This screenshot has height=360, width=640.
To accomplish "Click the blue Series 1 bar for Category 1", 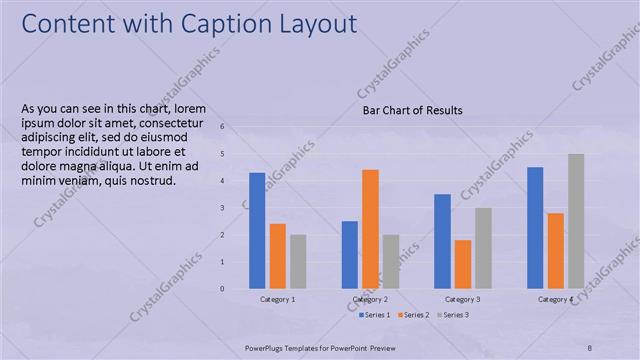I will coord(257,231).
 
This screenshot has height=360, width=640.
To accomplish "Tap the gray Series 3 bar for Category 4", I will coord(576,221).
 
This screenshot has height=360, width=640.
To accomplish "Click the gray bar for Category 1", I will coord(298,262).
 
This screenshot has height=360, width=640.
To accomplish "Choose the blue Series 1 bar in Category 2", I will coord(350,255).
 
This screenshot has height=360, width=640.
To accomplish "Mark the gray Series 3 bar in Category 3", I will coord(483,248).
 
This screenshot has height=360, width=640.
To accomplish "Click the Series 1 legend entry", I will coord(375,315).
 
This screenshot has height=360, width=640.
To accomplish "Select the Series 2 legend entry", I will coord(415,315).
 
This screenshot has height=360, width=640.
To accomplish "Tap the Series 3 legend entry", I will coord(454,315).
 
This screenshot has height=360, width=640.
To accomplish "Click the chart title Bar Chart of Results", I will coord(412,111).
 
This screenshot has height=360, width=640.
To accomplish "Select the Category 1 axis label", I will coord(277,299).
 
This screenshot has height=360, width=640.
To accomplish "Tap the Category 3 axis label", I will coord(463,299).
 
